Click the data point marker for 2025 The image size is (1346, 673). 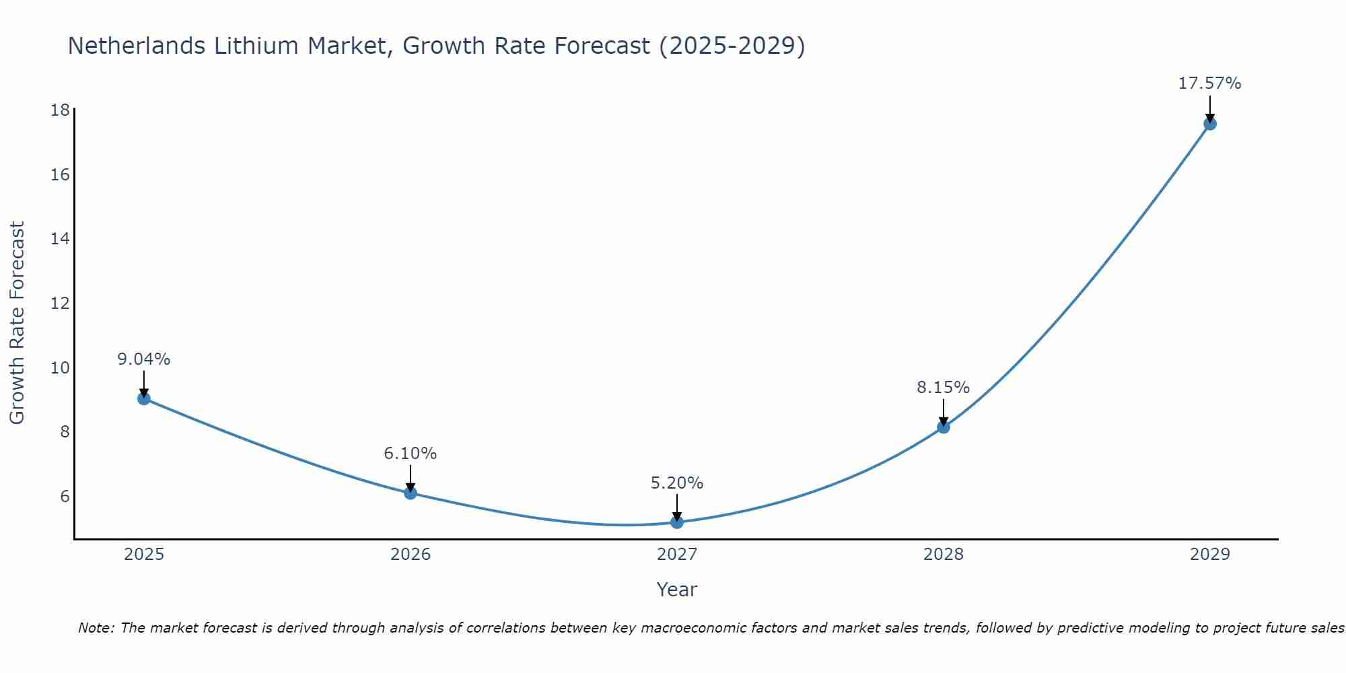click(x=144, y=398)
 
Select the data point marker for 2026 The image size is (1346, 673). click(x=411, y=493)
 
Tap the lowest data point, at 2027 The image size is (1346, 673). click(x=677, y=522)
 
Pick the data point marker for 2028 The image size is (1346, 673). click(x=944, y=427)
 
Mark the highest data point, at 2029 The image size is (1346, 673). click(x=1210, y=124)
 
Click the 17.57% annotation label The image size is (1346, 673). click(x=1209, y=83)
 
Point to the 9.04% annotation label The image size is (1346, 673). click(x=144, y=359)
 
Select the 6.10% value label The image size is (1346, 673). click(x=411, y=454)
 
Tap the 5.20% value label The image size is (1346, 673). click(x=677, y=483)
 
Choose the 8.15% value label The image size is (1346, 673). click(x=944, y=388)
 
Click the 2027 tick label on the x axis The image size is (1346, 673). click(x=677, y=555)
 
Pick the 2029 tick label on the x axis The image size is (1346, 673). click(x=1210, y=555)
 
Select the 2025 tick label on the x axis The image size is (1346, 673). click(x=144, y=555)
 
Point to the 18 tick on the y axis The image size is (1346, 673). click(x=60, y=110)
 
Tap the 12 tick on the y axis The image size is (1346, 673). click(x=60, y=303)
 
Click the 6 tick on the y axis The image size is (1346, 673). click(x=65, y=496)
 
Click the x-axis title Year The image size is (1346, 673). click(x=677, y=590)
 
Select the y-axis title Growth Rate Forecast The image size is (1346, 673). click(x=17, y=323)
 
